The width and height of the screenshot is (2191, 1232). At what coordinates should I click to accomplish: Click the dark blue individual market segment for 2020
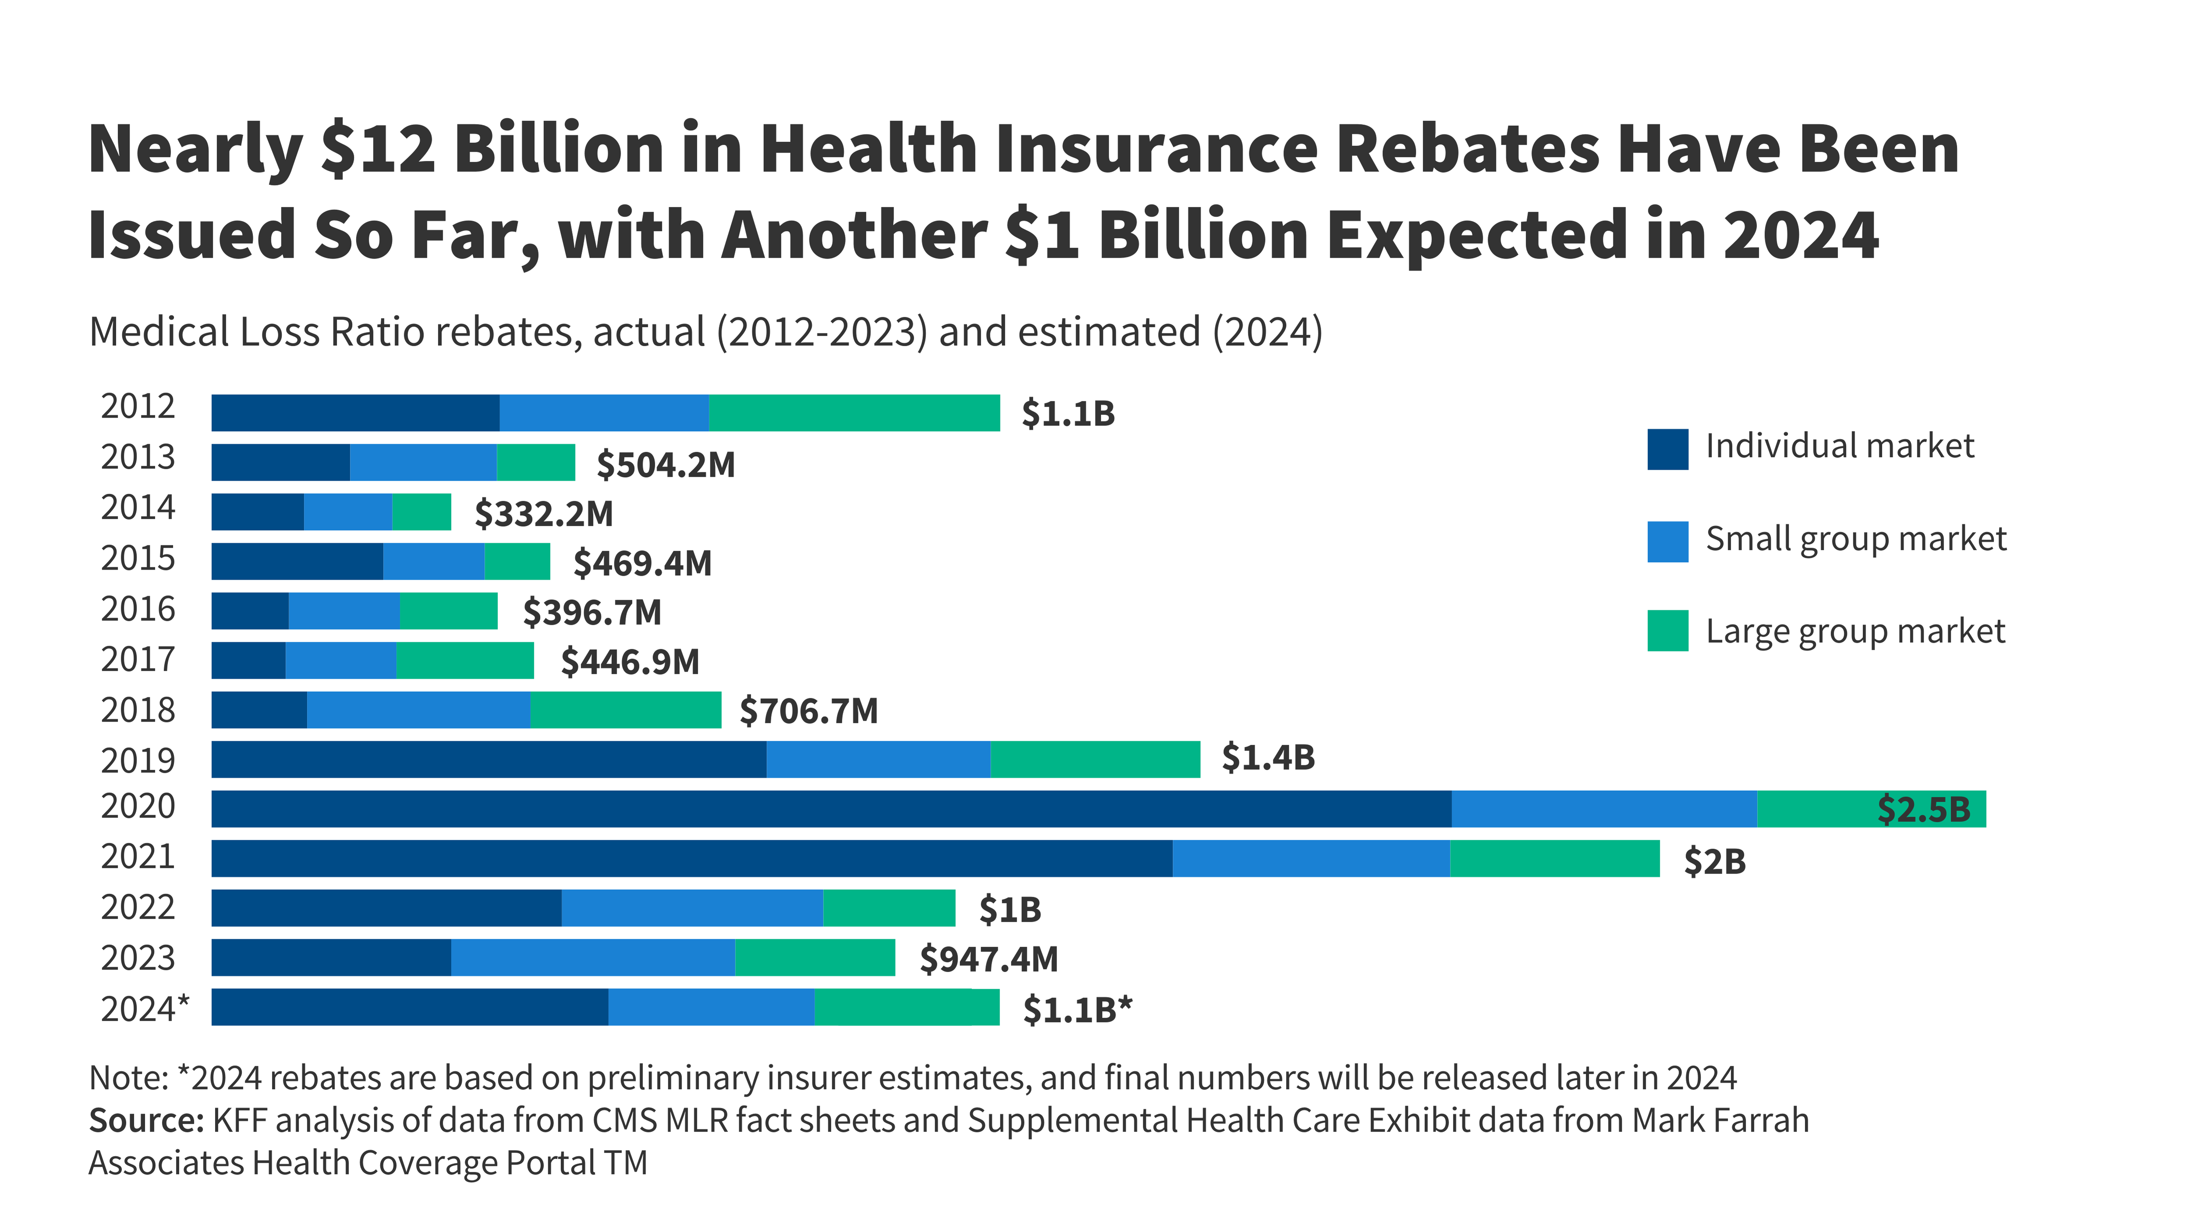[x=831, y=809]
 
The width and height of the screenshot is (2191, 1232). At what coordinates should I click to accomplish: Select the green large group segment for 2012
[x=854, y=413]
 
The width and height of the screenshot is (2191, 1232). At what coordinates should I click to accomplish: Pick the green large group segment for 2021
[x=1554, y=859]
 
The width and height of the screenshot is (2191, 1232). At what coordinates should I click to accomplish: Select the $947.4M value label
[x=988, y=959]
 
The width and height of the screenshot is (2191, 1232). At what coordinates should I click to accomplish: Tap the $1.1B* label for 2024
[x=1077, y=1010]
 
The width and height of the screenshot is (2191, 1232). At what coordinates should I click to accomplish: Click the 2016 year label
[x=138, y=609]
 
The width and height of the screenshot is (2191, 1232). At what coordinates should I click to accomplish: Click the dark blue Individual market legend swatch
[x=1667, y=449]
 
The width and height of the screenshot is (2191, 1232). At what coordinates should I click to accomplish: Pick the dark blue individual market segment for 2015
[x=297, y=561]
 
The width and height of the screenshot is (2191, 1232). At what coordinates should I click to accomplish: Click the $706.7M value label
[x=808, y=711]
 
